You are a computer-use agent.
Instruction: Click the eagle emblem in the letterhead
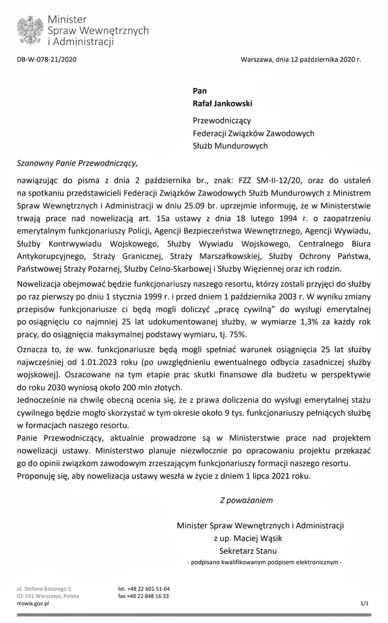[x=30, y=31]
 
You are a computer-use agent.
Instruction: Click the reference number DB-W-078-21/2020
[x=47, y=60]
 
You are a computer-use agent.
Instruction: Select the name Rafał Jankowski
[x=223, y=104]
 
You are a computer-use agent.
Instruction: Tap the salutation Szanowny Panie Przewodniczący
[x=77, y=163]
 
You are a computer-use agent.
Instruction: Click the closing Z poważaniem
[x=246, y=500]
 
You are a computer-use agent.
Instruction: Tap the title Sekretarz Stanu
[x=248, y=551]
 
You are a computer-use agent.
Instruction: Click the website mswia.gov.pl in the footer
[x=33, y=604]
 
